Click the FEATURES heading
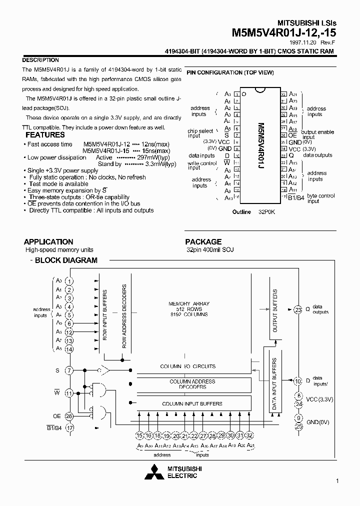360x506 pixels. click(45, 134)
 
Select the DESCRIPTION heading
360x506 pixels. click(41, 60)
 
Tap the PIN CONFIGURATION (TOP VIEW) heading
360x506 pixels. click(230, 72)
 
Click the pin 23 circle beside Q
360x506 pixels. click(298, 309)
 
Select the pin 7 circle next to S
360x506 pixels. click(69, 370)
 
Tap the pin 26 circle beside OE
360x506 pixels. click(69, 415)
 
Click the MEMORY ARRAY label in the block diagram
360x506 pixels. click(189, 303)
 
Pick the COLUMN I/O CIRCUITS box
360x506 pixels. click(188, 366)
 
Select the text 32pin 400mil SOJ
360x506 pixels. click(210, 249)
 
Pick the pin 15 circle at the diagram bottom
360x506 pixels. click(140, 435)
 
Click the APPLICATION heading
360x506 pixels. click(48, 241)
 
